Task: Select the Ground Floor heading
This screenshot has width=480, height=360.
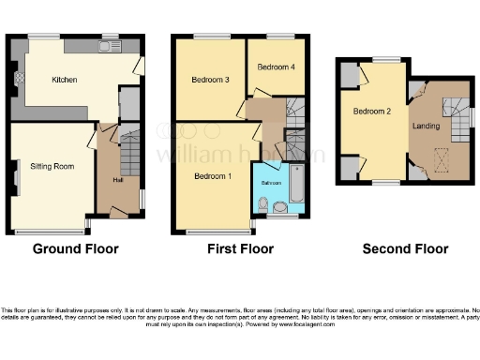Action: (76, 249)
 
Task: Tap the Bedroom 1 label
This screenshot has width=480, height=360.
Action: (212, 175)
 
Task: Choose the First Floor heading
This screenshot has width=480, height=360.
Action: (241, 249)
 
